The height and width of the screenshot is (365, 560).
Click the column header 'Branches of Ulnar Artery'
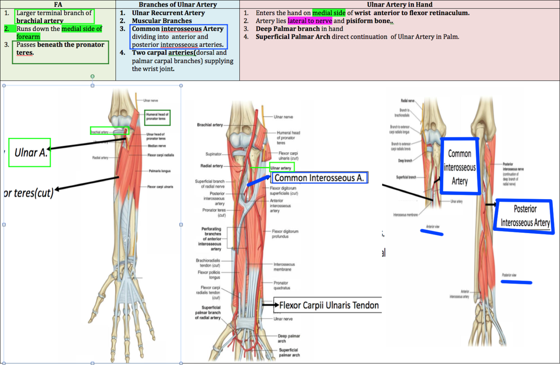(178, 5)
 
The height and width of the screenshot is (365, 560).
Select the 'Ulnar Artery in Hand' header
(399, 5)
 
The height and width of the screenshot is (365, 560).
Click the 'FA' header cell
(58, 5)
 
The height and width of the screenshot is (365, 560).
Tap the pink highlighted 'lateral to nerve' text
(310, 21)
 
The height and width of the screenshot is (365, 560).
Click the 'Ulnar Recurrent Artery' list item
(168, 13)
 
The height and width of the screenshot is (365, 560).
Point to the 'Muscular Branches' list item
(162, 21)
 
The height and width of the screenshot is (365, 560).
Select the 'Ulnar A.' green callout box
(29, 152)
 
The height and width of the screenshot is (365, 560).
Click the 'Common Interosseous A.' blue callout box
(319, 178)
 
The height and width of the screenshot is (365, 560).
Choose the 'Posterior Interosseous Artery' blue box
(525, 216)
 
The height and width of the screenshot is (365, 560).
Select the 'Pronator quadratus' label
(282, 286)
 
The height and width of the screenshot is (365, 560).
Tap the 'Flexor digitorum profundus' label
(285, 234)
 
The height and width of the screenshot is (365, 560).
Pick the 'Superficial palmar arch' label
(289, 352)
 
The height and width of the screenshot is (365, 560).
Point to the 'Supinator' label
(214, 154)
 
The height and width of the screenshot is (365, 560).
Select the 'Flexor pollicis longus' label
(209, 275)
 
